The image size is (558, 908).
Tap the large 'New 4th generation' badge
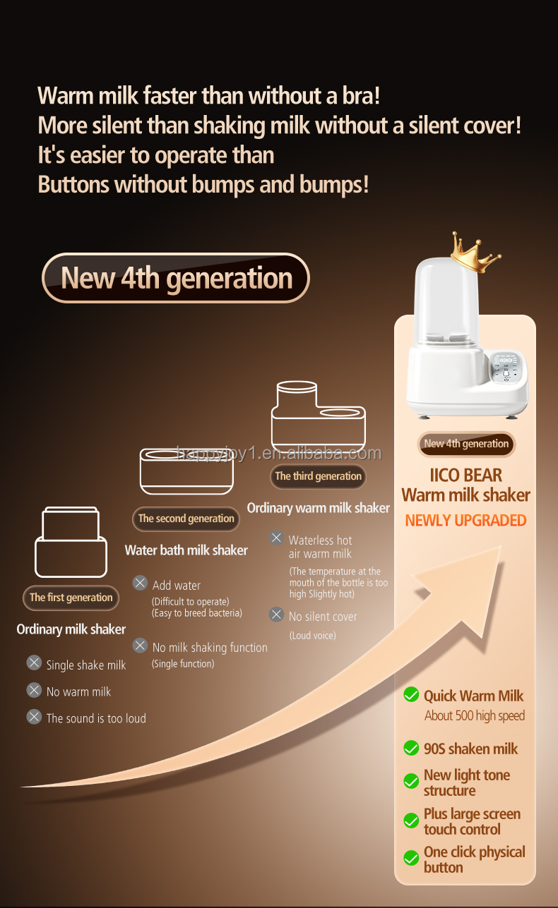tap(176, 278)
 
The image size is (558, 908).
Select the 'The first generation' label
tap(71, 598)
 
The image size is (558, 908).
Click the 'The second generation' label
tap(186, 519)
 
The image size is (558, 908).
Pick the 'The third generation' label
tap(318, 476)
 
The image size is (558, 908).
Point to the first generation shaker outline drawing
tap(71, 542)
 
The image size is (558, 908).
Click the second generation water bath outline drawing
tap(186, 471)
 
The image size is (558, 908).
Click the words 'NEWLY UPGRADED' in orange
tap(465, 521)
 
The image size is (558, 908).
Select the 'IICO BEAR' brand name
tap(465, 475)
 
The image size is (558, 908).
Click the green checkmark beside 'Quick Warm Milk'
tap(411, 696)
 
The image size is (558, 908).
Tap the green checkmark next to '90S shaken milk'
tap(411, 748)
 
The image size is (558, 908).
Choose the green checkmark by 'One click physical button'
tap(411, 859)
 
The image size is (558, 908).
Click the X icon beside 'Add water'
tap(140, 583)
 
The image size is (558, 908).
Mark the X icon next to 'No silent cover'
tap(276, 615)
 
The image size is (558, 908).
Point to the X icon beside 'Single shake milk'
tap(34, 663)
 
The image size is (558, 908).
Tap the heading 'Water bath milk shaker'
tap(186, 550)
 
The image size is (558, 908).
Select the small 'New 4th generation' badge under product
tap(465, 444)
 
